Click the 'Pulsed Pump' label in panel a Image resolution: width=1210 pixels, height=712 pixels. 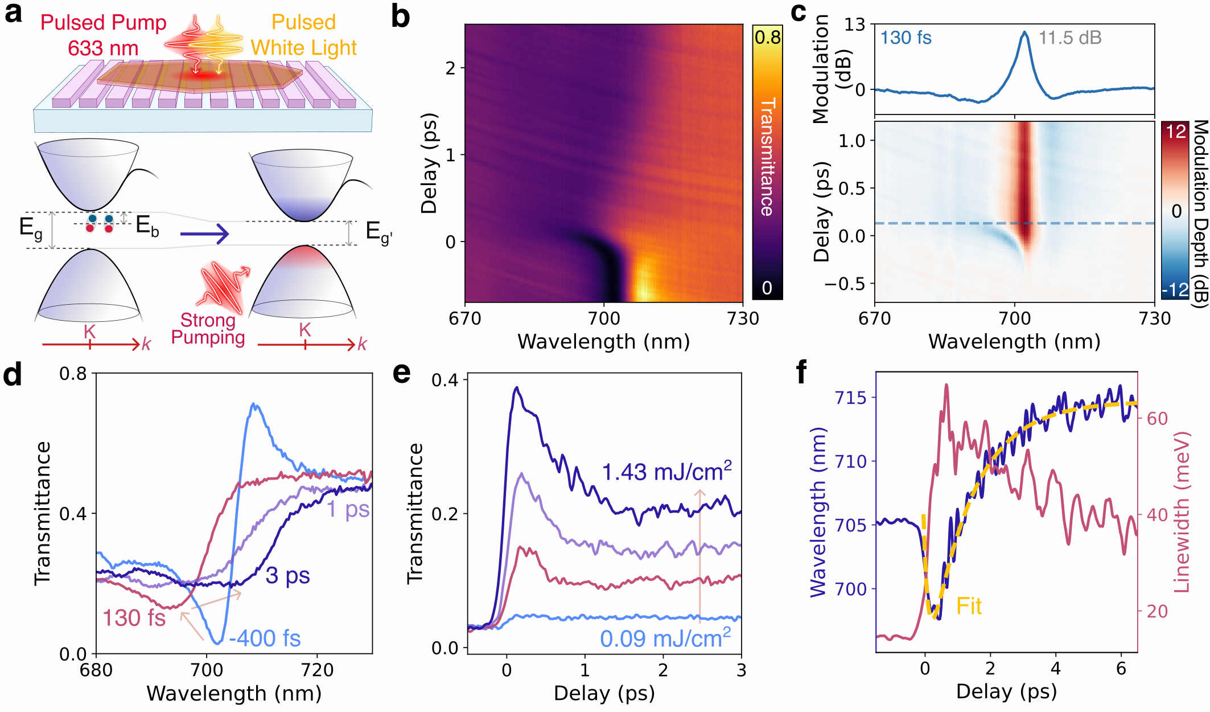click(103, 23)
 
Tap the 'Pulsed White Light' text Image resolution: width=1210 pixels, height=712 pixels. click(303, 35)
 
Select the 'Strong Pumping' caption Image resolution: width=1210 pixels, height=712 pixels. click(208, 329)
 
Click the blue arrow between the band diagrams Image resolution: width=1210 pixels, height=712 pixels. click(204, 234)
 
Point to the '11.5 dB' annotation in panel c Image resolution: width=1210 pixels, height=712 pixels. click(1070, 38)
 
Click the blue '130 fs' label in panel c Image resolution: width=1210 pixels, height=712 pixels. click(906, 38)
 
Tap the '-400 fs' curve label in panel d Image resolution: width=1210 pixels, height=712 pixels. click(265, 639)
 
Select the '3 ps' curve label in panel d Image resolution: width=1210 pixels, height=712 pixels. click(287, 576)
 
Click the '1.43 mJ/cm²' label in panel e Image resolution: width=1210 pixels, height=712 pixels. click(666, 472)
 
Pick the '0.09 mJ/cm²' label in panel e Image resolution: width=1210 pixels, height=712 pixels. click(665, 638)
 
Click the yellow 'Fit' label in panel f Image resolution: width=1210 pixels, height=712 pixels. click(969, 606)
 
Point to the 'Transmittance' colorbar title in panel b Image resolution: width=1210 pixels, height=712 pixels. click(768, 157)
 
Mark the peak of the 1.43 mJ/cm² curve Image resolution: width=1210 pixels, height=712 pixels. click(517, 387)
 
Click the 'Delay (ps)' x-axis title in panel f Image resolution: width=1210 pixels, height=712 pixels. click(1006, 691)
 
